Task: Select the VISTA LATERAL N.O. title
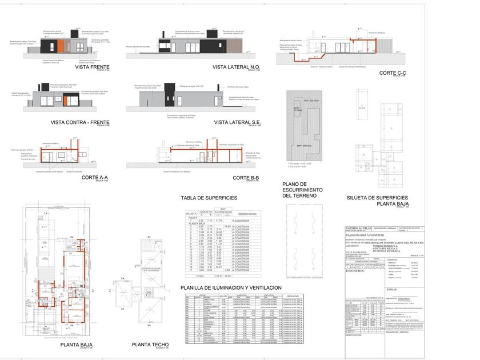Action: click(235, 67)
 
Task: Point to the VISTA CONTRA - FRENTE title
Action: click(80, 122)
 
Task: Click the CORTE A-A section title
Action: click(94, 178)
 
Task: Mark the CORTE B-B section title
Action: click(247, 178)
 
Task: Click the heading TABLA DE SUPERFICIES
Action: click(208, 198)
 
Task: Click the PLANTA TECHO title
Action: click(150, 345)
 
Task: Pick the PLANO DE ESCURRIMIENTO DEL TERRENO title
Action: click(302, 190)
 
